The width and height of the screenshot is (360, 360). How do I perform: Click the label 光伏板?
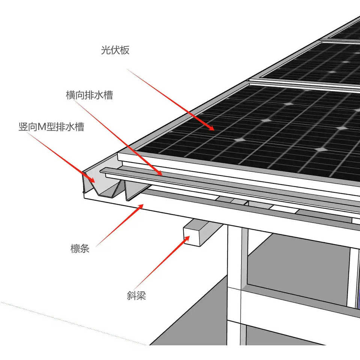click(115, 50)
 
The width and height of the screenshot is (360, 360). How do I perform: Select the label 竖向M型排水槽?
click(51, 127)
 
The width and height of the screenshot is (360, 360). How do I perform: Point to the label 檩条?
click(80, 248)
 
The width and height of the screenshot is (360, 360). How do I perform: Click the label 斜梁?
click(136, 296)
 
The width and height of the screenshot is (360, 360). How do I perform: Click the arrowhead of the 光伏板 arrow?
click(212, 129)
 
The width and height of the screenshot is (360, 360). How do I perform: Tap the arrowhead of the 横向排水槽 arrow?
click(160, 174)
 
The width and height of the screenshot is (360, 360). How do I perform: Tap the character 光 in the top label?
click(105, 50)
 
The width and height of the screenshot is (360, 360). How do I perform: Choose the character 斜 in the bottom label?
click(131, 296)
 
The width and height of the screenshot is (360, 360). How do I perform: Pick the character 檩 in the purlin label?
click(75, 248)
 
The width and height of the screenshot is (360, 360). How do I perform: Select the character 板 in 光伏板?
click(125, 50)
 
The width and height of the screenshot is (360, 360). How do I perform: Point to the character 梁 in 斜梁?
click(141, 296)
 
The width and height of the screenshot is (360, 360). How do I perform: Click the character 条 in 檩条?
click(85, 248)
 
